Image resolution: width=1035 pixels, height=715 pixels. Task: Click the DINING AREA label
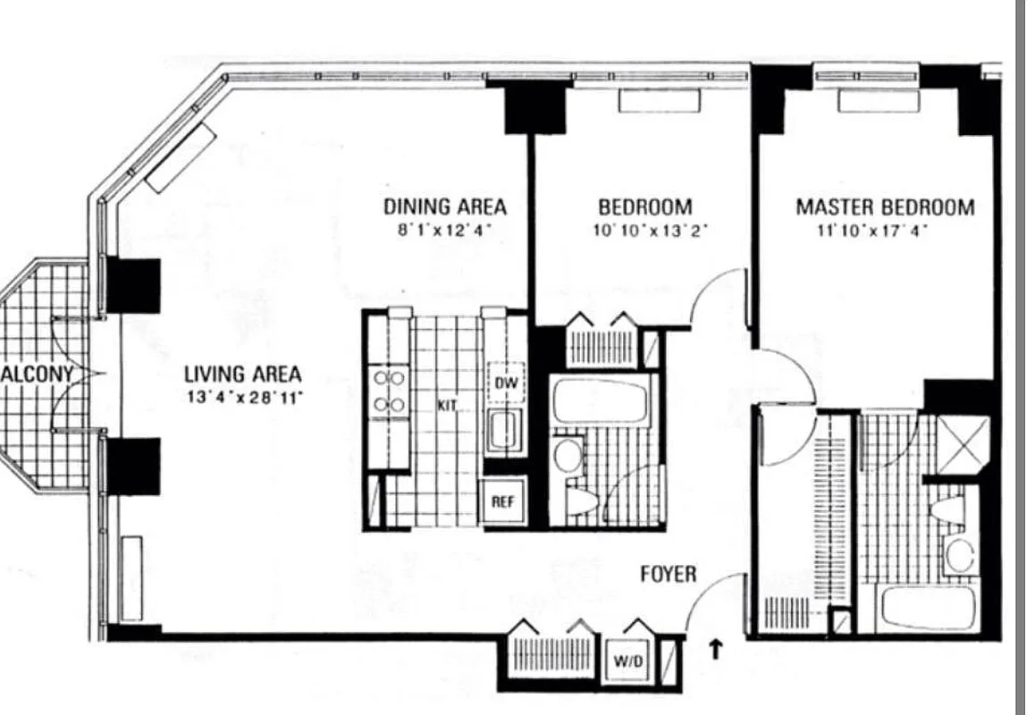click(444, 206)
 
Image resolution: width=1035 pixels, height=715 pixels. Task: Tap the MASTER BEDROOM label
click(885, 207)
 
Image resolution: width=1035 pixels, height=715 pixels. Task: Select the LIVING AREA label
click(242, 374)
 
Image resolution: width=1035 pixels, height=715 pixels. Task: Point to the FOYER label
click(668, 574)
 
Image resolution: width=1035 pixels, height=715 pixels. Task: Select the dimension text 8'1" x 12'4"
click(445, 231)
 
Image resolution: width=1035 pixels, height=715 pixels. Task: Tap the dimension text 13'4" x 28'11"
click(244, 396)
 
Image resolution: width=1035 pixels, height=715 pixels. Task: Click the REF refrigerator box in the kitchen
click(502, 501)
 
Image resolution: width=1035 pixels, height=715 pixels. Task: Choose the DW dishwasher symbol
click(505, 384)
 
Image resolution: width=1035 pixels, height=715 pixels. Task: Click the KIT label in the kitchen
click(448, 406)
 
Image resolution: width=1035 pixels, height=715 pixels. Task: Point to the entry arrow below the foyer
click(715, 650)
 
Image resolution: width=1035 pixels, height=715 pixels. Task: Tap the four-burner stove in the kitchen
click(390, 391)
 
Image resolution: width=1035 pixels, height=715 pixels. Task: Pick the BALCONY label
click(36, 374)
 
